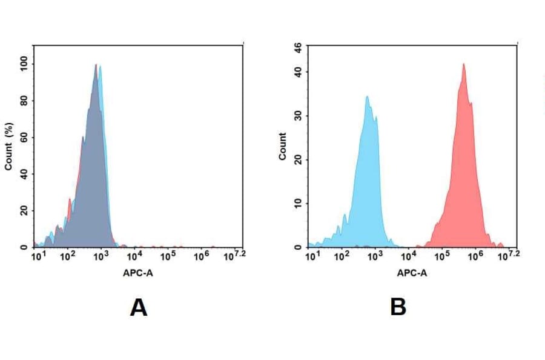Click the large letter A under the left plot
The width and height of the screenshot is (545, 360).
139,308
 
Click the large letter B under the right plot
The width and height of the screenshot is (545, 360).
398,308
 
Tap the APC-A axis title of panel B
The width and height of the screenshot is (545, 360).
412,273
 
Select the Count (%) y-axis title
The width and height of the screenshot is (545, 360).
8,148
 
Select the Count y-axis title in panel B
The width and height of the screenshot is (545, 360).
282,147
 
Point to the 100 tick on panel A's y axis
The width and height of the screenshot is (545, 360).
24,64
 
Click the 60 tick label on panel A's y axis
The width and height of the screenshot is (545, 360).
24,138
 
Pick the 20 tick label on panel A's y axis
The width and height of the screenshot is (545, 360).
24,211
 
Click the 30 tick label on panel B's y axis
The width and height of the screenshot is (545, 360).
297,116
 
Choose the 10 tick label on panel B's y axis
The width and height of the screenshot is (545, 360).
297,204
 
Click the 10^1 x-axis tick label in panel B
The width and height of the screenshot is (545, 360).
312,257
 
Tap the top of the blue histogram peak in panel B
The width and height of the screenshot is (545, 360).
367,96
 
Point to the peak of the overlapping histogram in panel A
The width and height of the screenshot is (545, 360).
96,65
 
